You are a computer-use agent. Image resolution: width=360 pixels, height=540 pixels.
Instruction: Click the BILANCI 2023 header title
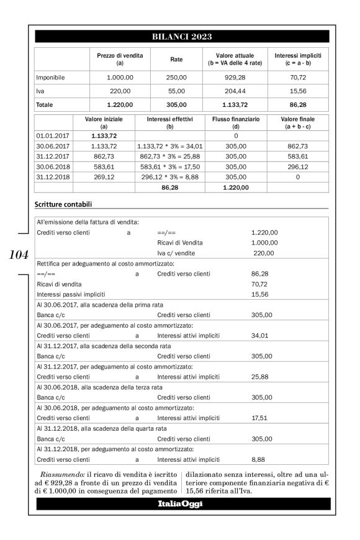(182, 37)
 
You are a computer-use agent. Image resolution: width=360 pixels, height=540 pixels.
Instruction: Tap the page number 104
(19, 254)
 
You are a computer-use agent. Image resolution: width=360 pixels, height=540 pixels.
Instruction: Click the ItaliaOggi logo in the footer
(182, 503)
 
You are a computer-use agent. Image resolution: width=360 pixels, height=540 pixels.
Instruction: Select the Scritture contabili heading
(65, 204)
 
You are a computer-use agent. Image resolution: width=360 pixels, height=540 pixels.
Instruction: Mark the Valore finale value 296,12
(299, 165)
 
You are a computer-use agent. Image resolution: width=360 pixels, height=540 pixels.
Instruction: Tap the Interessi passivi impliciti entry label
(66, 294)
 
